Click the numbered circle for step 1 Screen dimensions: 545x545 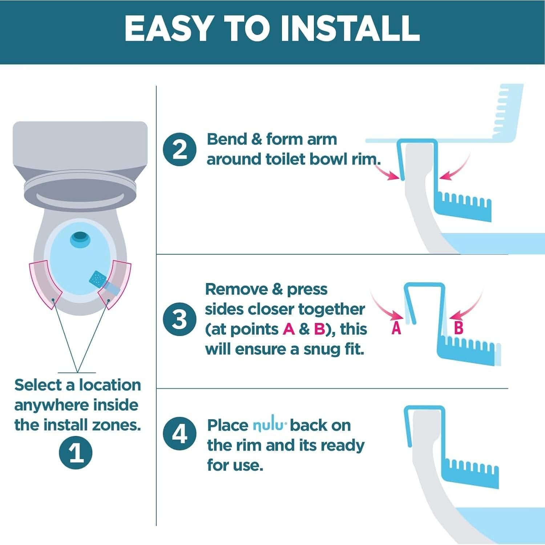[x=76, y=453]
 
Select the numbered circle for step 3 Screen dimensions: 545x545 [x=179, y=319]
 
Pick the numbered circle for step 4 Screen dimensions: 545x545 [x=179, y=433]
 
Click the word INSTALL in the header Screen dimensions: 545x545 [x=350, y=28]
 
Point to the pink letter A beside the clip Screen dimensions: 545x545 [x=396, y=328]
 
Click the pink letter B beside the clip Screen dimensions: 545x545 [x=459, y=328]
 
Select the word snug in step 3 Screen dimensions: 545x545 [x=320, y=350]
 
